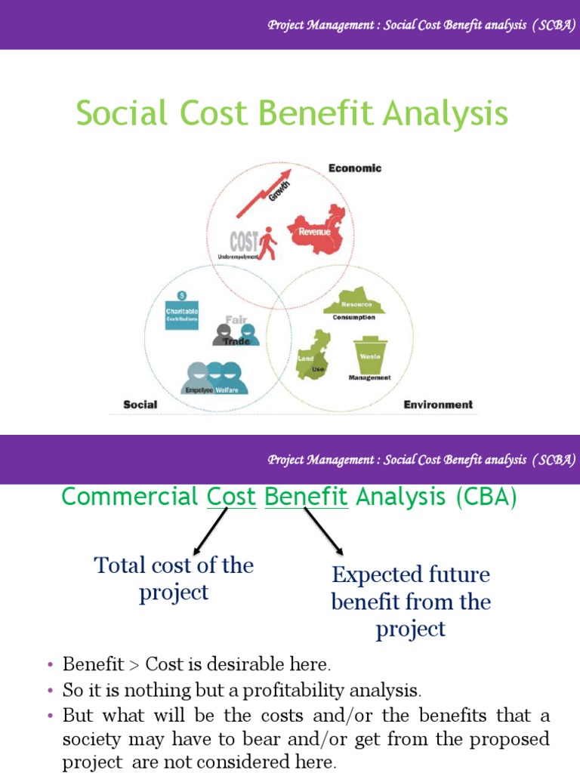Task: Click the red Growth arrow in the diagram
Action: tap(257, 199)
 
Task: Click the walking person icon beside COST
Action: tap(267, 243)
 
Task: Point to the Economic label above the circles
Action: tap(355, 168)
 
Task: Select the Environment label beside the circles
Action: tap(438, 405)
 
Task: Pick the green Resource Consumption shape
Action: tap(353, 302)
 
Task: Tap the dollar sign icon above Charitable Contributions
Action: tap(181, 295)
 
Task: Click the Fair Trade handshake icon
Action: tap(236, 333)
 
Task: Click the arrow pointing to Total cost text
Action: tap(209, 531)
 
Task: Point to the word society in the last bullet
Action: tap(88, 739)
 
